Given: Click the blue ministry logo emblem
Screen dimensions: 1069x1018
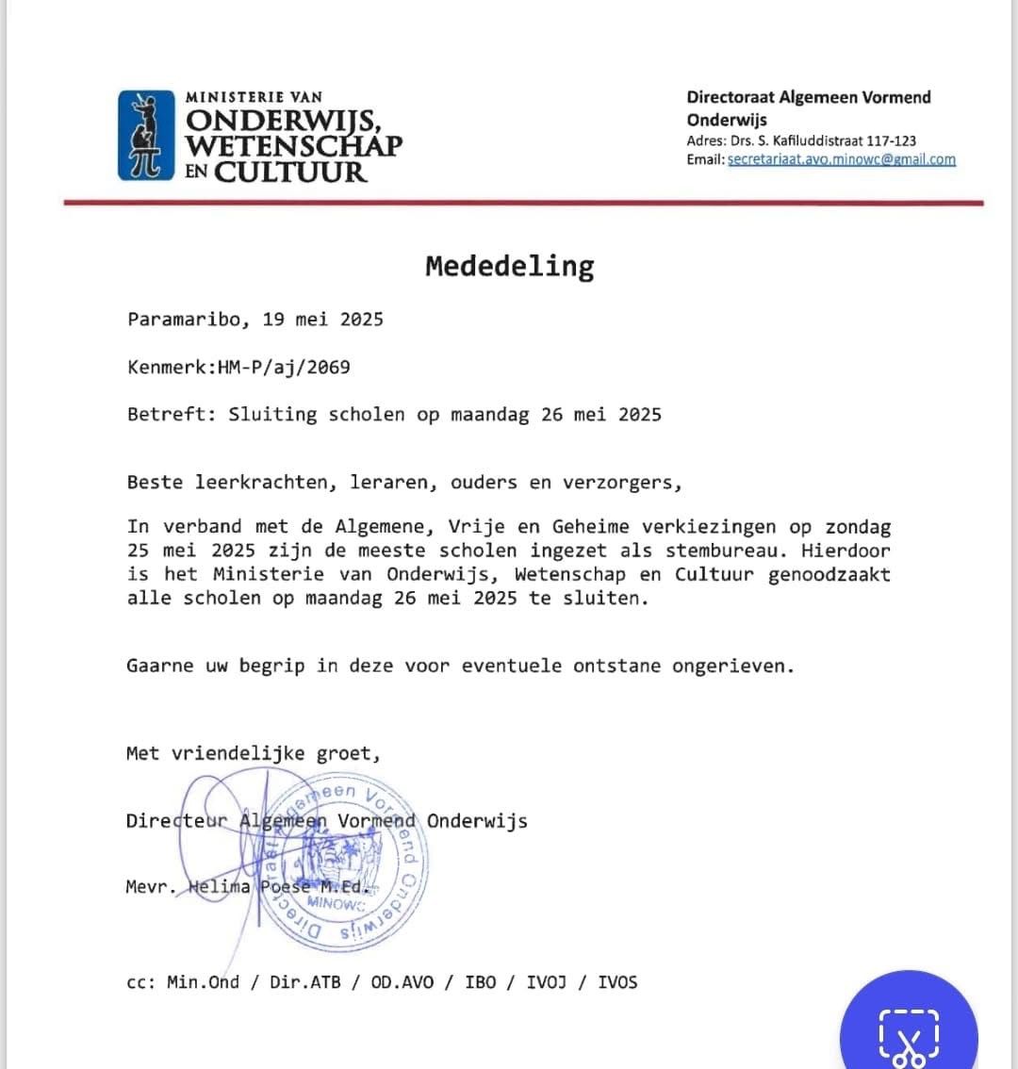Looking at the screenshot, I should point(146,134).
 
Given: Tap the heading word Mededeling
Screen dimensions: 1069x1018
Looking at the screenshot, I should point(509,267).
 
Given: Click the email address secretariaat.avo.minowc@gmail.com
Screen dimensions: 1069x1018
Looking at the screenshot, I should point(842,159).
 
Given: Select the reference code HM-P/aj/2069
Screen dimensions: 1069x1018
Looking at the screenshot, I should point(284,368).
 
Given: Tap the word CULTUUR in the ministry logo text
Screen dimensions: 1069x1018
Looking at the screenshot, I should point(289,173).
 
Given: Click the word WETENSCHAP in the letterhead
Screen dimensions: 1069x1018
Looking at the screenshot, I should point(293,146).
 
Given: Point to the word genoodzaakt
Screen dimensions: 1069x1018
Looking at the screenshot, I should point(829,574).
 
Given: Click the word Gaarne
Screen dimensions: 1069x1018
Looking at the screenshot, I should point(160,666).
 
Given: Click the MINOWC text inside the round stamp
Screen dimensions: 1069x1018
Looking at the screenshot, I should point(336,902).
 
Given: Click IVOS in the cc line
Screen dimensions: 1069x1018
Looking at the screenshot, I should point(617,982).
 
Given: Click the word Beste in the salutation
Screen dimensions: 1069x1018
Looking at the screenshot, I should point(155,483).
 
